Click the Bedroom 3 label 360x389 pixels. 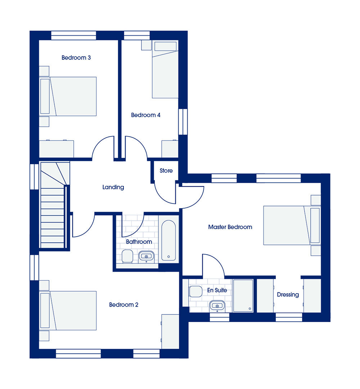[x=76, y=58]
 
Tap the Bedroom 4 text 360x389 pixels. [x=146, y=115]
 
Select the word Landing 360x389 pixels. [x=113, y=187]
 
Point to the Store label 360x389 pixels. [x=166, y=171]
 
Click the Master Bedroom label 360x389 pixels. [x=230, y=227]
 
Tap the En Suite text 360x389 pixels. [x=217, y=290]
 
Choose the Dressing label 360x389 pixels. [x=288, y=295]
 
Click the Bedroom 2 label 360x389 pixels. [x=124, y=305]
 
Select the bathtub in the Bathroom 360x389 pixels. [x=168, y=240]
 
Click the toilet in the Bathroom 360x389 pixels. [x=127, y=256]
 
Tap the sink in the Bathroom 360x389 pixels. [x=146, y=256]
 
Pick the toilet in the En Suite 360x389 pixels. [x=195, y=291]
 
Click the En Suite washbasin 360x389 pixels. [x=217, y=306]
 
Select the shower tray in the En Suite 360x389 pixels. [x=243, y=296]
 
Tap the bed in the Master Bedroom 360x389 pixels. [x=292, y=225]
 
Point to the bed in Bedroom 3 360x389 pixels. [x=68, y=96]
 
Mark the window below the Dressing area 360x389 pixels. [x=289, y=317]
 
